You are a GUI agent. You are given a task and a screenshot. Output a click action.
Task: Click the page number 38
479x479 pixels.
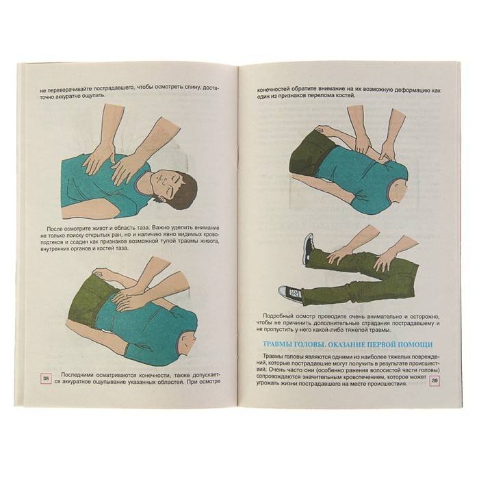[x=46, y=379]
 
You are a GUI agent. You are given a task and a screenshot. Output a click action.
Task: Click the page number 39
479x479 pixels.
[x=435, y=380]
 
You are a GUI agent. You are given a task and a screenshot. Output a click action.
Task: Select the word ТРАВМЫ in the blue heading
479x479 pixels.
[x=274, y=344]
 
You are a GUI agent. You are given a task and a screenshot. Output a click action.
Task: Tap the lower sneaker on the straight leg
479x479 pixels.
[x=289, y=294]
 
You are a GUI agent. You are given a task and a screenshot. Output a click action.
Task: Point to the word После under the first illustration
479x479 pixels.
[x=55, y=229]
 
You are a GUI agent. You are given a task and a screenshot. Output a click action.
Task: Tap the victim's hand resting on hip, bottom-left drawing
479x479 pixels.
[x=99, y=271]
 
